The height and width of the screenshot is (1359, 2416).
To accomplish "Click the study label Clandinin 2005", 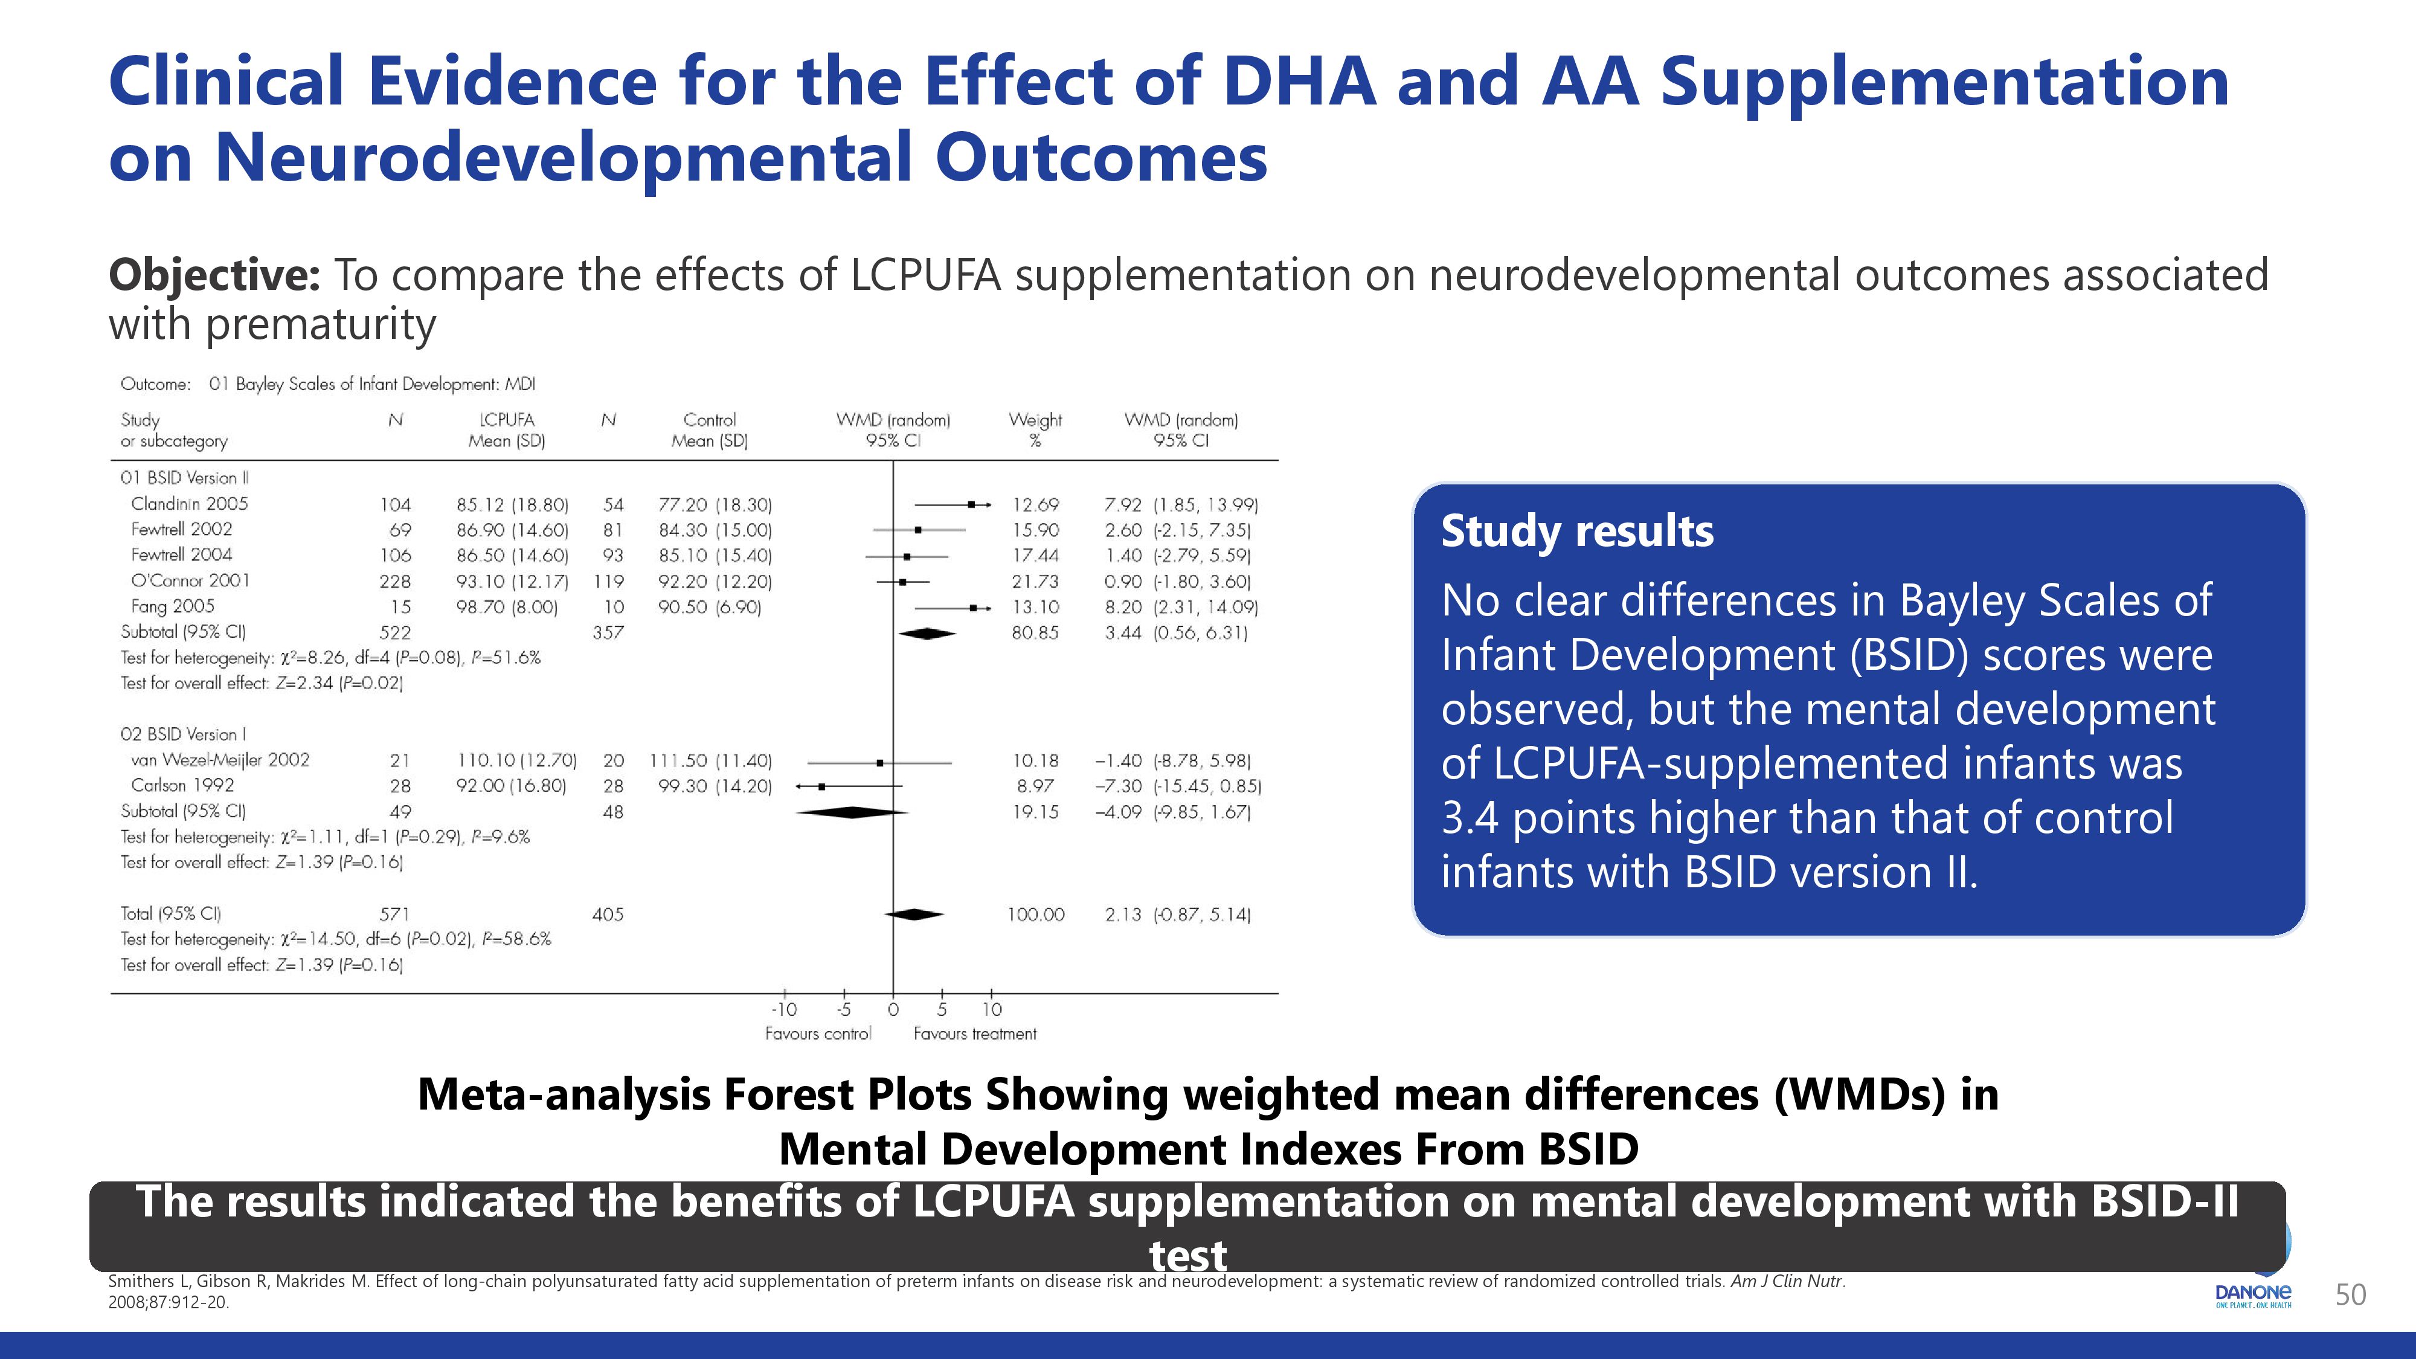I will pos(190,504).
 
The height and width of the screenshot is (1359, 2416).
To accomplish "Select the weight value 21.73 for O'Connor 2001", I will pos(1035,582).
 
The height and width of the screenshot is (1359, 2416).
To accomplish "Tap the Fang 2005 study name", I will pos(173,606).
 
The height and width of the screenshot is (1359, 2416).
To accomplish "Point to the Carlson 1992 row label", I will pos(183,785).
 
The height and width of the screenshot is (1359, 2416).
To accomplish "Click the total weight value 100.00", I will pos(1035,913).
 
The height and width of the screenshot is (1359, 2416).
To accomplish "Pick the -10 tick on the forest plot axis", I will pos(784,1009).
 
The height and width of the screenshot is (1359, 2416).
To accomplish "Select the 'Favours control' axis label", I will pos(818,1033).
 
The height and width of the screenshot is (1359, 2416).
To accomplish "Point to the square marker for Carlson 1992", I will pos(821,786).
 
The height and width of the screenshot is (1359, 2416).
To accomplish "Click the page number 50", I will pos(2350,1294).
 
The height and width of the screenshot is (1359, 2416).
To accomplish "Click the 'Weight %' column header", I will pos(1035,429).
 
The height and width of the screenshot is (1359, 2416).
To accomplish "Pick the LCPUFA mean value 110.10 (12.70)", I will pos(516,760).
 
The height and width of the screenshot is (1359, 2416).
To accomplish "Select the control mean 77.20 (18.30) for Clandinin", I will pos(715,504).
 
